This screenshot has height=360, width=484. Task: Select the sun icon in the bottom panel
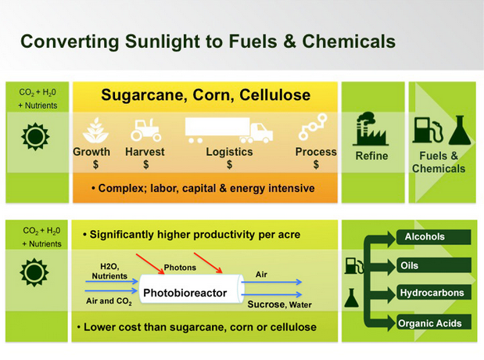coord(33,273)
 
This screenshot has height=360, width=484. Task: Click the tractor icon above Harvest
coord(145,129)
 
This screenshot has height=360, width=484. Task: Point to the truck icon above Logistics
coord(228,130)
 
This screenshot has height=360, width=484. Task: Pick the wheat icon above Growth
coord(91,130)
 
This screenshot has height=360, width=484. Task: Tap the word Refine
coord(371,156)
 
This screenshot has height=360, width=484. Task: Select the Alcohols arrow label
coord(425,236)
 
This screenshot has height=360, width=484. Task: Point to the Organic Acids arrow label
coord(429,322)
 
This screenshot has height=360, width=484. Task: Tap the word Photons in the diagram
coord(180,268)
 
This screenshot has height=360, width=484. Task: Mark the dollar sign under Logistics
coord(229,165)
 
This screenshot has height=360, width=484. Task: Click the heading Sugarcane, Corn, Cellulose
coord(206,96)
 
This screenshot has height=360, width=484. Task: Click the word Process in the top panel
coord(316,152)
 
